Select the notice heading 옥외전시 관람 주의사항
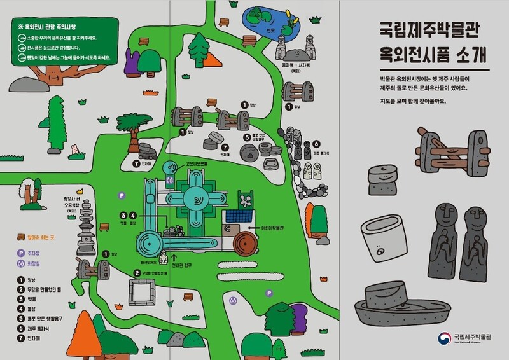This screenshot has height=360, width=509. point(52,27)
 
